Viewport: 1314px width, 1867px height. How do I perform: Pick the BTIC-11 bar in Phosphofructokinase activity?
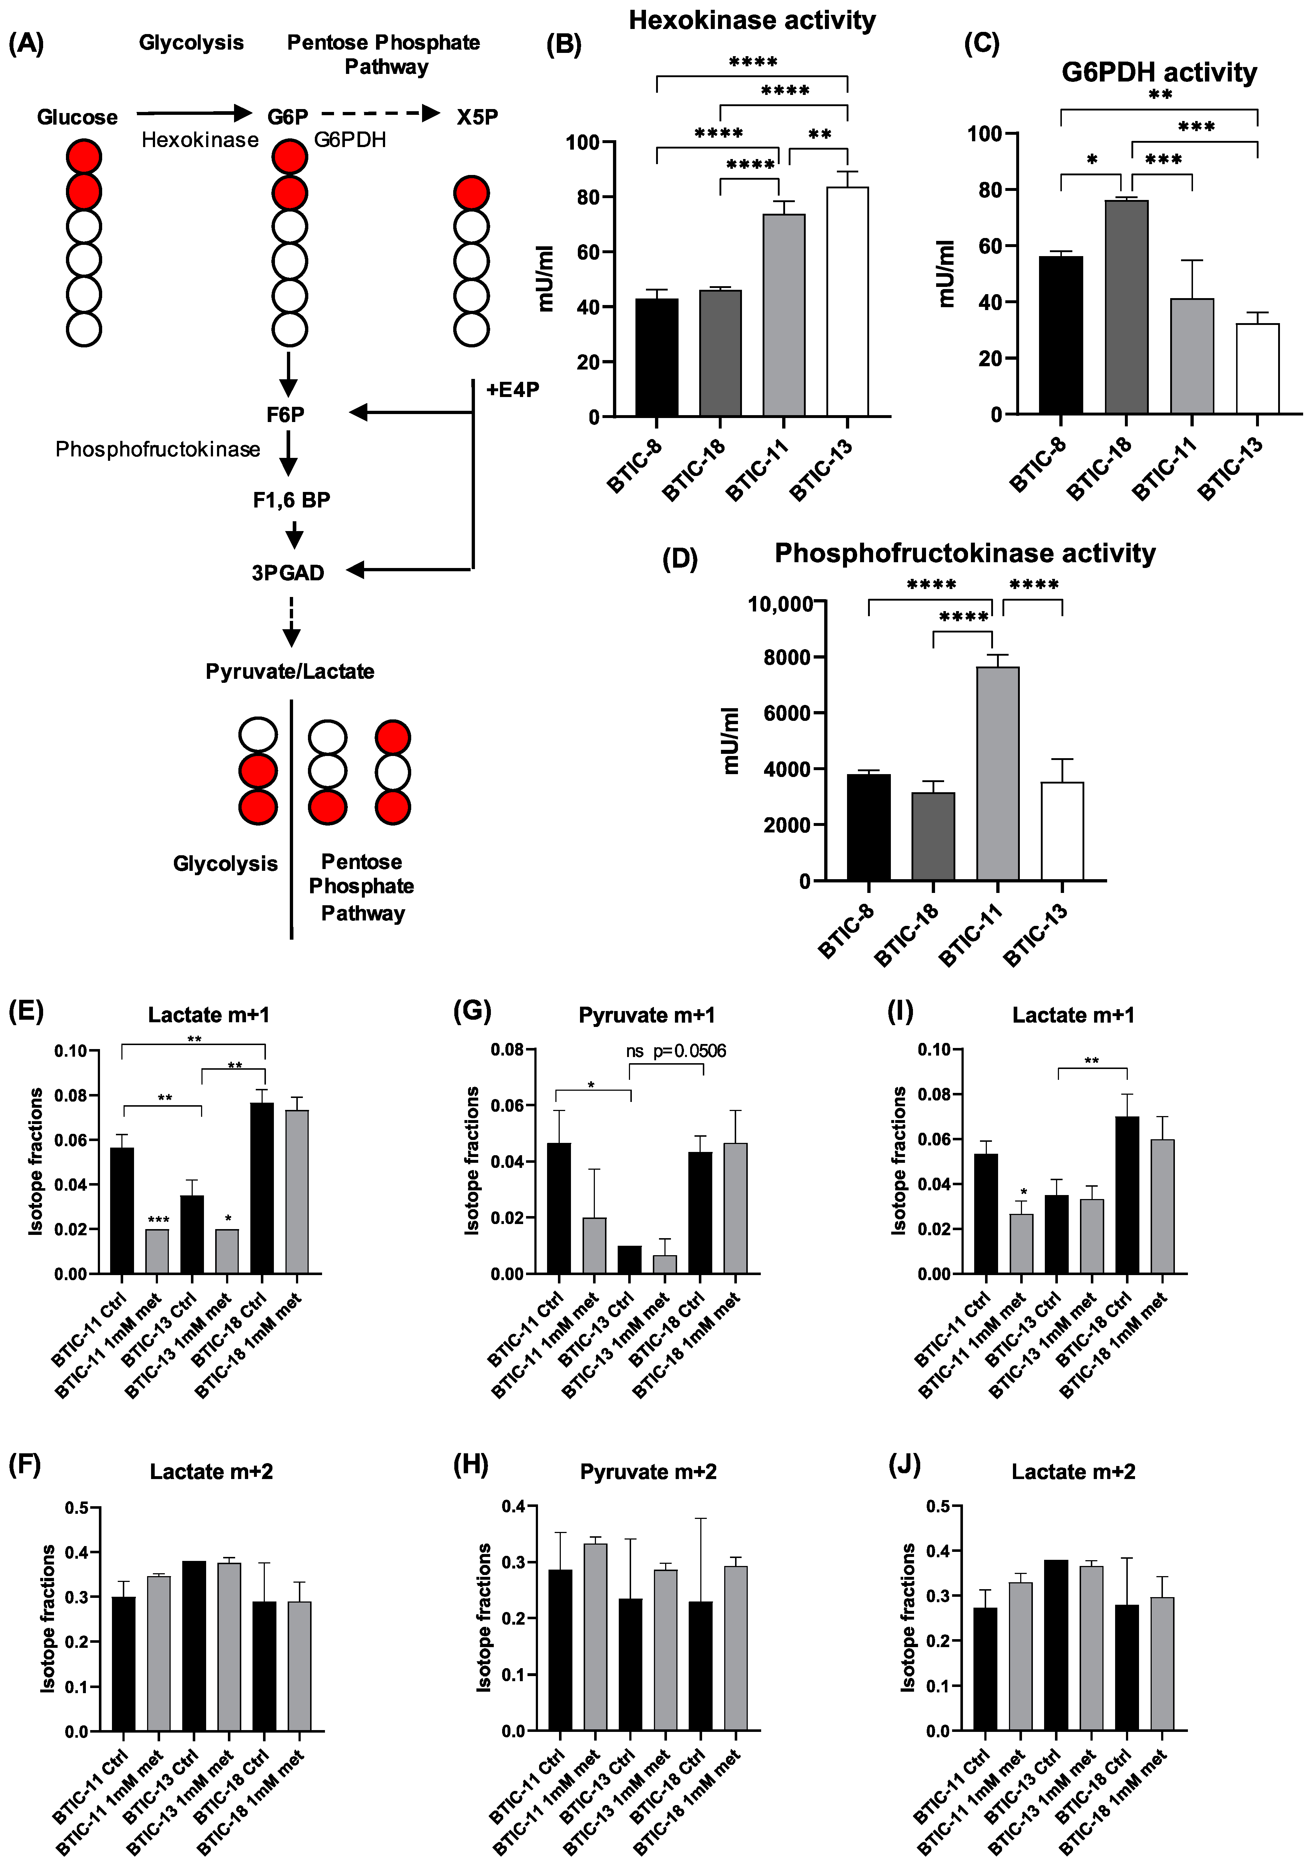998,773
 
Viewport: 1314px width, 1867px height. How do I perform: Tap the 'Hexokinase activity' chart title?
752,20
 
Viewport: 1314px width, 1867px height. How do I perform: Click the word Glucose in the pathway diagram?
77,117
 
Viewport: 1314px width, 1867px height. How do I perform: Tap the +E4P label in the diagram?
512,389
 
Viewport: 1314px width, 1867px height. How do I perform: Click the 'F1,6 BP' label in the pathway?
291,500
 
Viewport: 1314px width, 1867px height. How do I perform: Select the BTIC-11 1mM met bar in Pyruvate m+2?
595,1637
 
